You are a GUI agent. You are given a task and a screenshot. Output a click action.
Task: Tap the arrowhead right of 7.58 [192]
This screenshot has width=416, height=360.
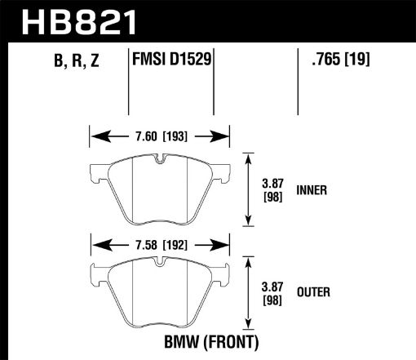pyautogui.click(x=221, y=243)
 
